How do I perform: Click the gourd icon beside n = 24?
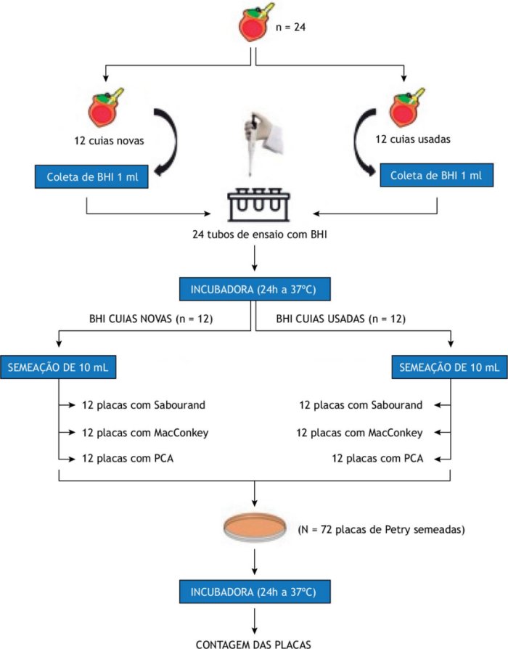coord(255,24)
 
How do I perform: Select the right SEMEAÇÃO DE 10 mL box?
coord(445,368)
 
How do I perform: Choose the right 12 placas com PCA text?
coord(377,460)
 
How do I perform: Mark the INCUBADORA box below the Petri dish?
coord(254,591)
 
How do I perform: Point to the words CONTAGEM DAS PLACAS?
coord(254,642)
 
